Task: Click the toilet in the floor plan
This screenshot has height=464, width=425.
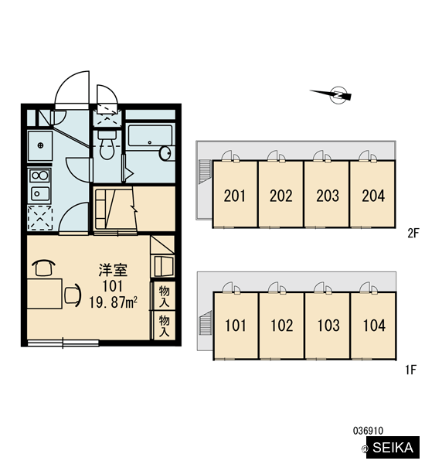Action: point(107,145)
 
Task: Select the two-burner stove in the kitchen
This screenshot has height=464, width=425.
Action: point(40,176)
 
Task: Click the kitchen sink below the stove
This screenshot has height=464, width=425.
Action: point(40,194)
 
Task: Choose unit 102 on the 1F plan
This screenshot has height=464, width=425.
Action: point(281,326)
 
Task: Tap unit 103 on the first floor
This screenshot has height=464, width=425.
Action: point(328,326)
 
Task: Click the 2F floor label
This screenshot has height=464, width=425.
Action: point(413,234)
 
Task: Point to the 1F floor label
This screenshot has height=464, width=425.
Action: point(411,370)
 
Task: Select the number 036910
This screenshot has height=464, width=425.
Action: point(368,431)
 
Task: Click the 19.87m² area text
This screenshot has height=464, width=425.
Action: point(113,302)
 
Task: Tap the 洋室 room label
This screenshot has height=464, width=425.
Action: point(113,270)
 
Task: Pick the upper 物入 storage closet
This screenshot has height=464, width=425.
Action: point(164,296)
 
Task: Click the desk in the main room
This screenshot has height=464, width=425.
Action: point(44,294)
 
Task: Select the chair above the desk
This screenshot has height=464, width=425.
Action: point(43,268)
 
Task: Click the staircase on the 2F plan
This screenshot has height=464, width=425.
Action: point(205,172)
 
